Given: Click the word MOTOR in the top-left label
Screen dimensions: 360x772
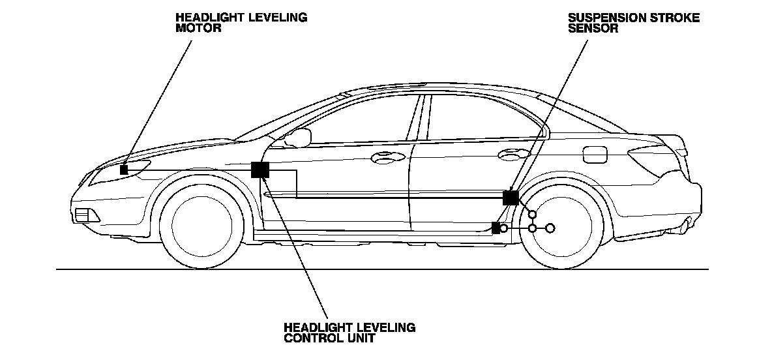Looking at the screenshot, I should (194, 29).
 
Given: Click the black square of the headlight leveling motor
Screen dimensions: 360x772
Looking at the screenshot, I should (124, 169).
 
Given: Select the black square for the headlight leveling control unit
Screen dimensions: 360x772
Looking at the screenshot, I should (260, 170).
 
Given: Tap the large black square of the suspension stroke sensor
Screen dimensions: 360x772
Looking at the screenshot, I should (511, 198).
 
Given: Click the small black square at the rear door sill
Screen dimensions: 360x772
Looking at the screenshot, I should (496, 228).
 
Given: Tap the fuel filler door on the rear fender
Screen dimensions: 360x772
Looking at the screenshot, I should (594, 155).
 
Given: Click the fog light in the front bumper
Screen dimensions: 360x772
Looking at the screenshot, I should (83, 214).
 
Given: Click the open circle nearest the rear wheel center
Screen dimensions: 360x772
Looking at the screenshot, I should (550, 228).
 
